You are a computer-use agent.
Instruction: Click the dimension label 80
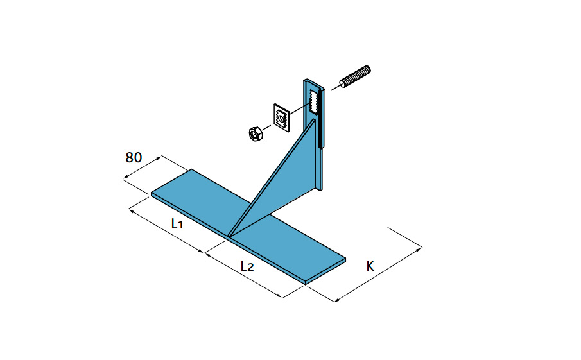point(134,157)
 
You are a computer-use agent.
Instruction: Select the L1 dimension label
point(177,223)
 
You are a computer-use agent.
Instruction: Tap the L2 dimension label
point(247,266)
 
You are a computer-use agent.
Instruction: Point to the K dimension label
point(370,266)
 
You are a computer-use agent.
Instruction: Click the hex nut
point(256,133)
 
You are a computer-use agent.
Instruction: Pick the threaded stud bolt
point(355,77)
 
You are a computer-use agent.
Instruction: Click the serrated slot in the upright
point(314,101)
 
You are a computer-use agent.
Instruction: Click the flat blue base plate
point(248,227)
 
